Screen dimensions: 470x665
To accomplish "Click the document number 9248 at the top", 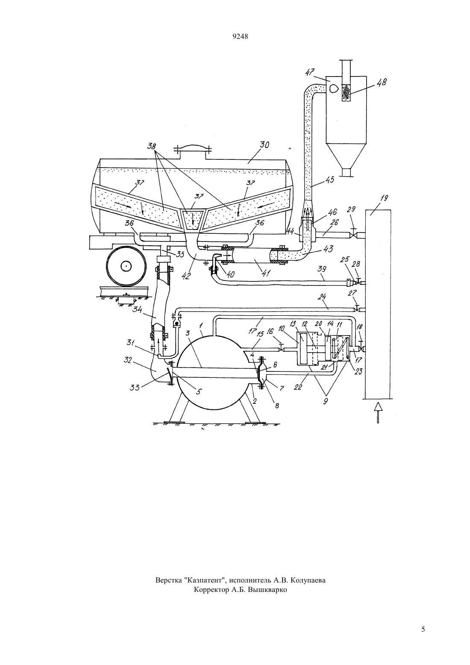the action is click(x=240, y=36).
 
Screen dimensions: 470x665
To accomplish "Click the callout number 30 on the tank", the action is click(x=264, y=145).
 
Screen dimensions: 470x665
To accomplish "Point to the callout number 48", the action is click(x=382, y=82).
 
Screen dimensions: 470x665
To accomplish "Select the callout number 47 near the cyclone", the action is click(x=311, y=72).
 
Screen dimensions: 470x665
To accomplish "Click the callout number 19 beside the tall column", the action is click(x=384, y=198).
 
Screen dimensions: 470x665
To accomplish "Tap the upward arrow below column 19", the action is click(x=378, y=412).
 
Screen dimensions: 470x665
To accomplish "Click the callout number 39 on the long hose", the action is click(x=322, y=269).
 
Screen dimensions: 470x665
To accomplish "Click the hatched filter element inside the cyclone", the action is click(x=346, y=92).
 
